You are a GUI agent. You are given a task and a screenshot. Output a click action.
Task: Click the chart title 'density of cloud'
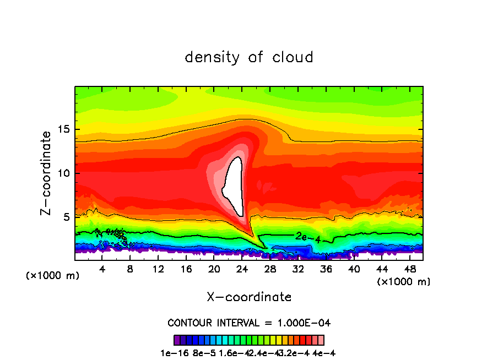(249, 57)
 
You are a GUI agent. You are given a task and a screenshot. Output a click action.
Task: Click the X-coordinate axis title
(249, 297)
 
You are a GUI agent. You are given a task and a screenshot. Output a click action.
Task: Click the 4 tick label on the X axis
(102, 269)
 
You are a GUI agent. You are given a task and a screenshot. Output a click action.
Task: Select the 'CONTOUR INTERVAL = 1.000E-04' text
(249, 323)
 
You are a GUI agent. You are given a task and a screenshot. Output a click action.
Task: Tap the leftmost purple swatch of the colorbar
(177, 340)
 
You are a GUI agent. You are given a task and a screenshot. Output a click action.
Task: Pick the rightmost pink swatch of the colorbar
(321, 340)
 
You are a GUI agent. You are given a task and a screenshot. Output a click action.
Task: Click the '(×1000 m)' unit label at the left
(53, 276)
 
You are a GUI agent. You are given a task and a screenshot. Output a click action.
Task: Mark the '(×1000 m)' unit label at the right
(404, 282)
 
